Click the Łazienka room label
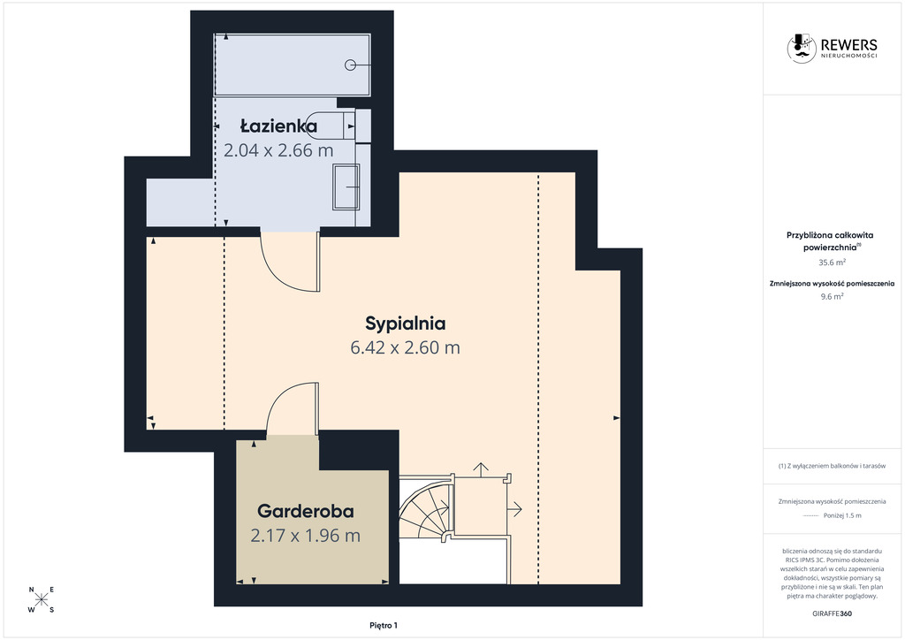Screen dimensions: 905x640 [x=278, y=126]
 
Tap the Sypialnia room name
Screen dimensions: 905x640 [x=405, y=324]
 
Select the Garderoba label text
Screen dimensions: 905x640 [x=305, y=511]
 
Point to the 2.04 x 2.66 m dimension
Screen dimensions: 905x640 [x=278, y=150]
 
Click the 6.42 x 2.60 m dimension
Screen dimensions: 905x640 [x=405, y=348]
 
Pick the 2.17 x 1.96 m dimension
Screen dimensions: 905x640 [x=305, y=536]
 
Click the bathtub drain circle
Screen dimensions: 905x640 [x=350, y=65]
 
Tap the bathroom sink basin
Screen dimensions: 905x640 [x=346, y=187]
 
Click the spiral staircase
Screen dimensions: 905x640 [x=425, y=507]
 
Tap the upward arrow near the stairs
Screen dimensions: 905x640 [x=480, y=469]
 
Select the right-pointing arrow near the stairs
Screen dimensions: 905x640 [x=514, y=508]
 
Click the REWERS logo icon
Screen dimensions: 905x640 [x=802, y=48]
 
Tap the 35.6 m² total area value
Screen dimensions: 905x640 [x=832, y=262]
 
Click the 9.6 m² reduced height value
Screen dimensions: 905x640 [x=832, y=297]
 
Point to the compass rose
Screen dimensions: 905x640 [x=42, y=599]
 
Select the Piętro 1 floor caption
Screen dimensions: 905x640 [x=384, y=626]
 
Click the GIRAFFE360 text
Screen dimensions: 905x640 [x=832, y=613]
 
